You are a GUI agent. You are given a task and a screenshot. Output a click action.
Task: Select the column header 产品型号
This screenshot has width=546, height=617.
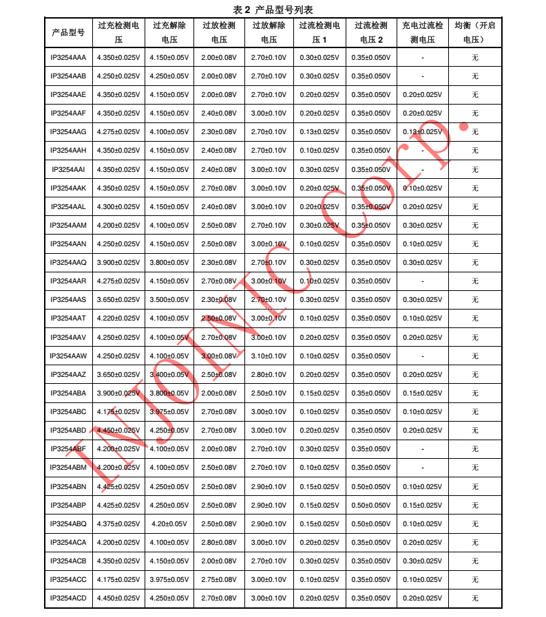coord(68,32)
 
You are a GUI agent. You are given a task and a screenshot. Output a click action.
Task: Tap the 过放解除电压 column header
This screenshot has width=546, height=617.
coord(269,32)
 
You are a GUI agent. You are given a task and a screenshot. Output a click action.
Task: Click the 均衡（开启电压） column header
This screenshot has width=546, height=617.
coord(475,32)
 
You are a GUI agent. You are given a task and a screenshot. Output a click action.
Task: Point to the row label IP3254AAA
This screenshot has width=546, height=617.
coord(68,57)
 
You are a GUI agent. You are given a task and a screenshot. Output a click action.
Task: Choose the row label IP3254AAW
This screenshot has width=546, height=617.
coord(68,356)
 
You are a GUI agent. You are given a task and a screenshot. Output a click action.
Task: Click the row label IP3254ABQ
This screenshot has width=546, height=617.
coord(68,523)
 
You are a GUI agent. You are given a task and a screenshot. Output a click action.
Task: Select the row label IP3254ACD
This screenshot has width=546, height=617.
coord(68,598)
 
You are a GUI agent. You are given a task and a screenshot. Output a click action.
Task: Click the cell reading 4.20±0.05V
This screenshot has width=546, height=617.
coord(169,523)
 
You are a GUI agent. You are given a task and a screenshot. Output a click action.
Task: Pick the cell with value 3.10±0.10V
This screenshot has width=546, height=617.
coord(269,356)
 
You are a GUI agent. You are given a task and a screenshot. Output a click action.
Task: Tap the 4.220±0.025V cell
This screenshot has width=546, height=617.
coord(118,318)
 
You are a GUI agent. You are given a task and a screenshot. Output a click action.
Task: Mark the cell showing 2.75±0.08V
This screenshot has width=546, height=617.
coord(219,580)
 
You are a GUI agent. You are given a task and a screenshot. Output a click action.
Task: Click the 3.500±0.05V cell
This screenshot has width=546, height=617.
coord(169,300)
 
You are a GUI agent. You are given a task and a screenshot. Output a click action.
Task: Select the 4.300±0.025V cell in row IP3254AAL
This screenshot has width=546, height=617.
coord(118,206)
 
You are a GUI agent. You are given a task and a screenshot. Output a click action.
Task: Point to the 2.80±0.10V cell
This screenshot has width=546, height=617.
coord(269,374)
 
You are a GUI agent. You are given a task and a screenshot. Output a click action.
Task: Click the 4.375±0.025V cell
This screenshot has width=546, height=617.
coord(118,523)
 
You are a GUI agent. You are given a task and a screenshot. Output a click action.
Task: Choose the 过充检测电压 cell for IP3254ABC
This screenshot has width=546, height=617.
coord(118,411)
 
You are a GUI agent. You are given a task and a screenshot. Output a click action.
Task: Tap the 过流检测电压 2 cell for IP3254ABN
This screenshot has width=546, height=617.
coord(372,486)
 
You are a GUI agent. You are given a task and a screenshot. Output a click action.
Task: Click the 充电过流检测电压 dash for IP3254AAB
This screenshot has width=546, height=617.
coord(422,76)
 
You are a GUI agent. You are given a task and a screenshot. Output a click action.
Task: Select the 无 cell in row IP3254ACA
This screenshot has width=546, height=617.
coord(475,542)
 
